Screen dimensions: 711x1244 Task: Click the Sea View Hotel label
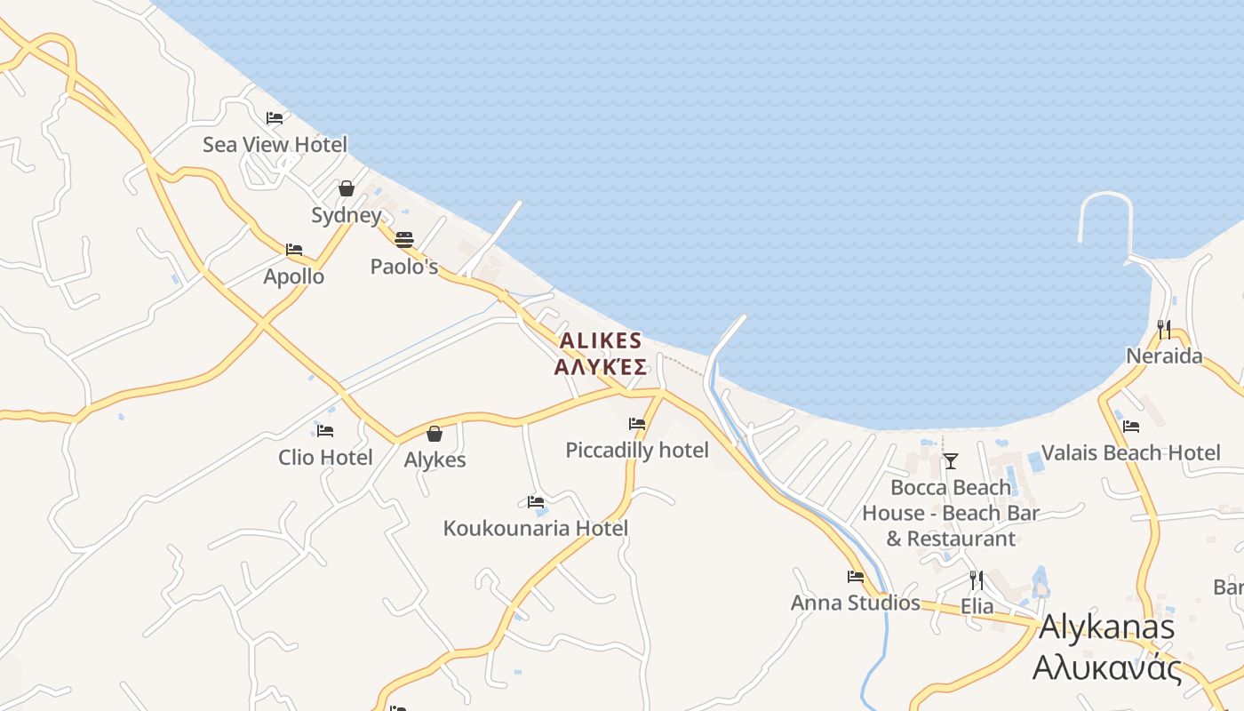pos(275,144)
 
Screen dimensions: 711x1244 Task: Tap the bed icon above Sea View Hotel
pos(275,117)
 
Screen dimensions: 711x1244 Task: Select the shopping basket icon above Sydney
pos(347,188)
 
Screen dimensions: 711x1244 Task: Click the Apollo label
pos(294,276)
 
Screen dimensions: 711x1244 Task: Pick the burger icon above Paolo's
pos(404,239)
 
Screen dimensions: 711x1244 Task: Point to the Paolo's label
pos(404,267)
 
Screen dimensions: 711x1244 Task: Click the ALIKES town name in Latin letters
pos(601,341)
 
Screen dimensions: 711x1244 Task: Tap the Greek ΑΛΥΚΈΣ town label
pos(601,367)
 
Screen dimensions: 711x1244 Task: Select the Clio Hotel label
pos(325,458)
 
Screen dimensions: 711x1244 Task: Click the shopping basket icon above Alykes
pos(435,434)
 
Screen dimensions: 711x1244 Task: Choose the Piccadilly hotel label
pos(637,451)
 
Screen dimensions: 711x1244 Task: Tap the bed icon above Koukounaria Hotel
pos(536,502)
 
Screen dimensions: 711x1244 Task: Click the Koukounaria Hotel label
pos(536,529)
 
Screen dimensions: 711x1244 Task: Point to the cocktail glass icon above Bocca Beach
pos(951,460)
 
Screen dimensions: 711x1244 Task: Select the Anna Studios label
pos(856,603)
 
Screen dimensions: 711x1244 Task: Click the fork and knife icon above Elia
pos(977,580)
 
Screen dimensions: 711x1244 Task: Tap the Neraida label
pos(1164,356)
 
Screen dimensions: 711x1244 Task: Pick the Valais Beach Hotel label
pos(1131,453)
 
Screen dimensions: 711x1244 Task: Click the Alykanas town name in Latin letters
pos(1107,627)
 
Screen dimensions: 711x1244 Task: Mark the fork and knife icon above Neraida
pos(1164,330)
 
